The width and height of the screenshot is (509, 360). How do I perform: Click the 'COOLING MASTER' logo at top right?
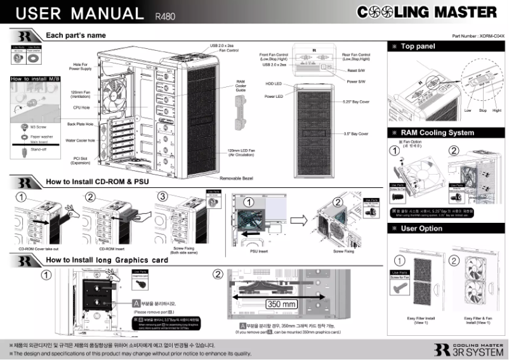pos(426,13)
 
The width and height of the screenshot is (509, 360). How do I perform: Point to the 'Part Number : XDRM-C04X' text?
pos(478,37)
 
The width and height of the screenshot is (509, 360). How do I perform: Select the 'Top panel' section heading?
pos(418,46)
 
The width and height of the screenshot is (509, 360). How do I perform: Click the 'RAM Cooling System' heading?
pos(437,133)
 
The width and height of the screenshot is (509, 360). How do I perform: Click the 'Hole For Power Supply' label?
pos(80,65)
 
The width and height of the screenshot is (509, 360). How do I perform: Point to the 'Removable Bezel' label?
pos(236,179)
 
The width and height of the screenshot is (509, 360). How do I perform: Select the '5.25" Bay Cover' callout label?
pos(355,102)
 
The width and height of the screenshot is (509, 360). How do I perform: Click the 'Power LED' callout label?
pos(274,97)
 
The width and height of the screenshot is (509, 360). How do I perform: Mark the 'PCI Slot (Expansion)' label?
pos(80,160)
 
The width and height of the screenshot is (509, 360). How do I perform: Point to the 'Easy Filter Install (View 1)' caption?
pos(421,320)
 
